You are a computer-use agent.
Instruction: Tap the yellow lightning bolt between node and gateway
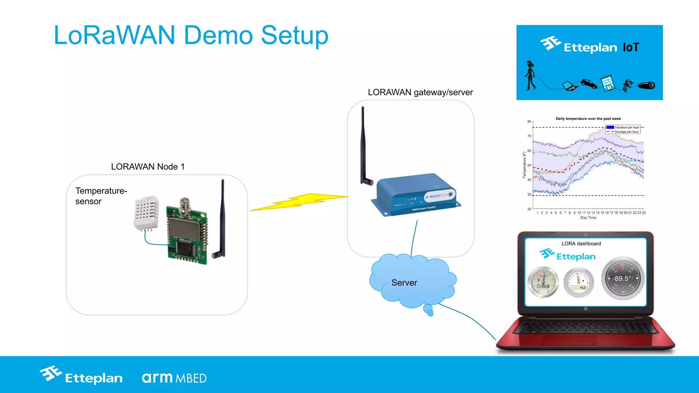(x=300, y=202)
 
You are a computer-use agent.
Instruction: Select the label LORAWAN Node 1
(x=148, y=166)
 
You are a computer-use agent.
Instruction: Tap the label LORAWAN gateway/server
(x=420, y=92)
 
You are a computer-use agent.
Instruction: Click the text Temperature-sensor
(x=101, y=196)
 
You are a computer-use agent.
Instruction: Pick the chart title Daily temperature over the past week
(x=588, y=119)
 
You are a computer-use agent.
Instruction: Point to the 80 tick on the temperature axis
(x=529, y=121)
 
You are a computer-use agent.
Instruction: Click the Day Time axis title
(x=588, y=218)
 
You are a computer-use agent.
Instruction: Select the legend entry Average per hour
(x=626, y=132)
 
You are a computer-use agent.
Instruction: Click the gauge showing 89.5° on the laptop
(x=623, y=278)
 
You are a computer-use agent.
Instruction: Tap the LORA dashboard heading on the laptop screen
(x=581, y=244)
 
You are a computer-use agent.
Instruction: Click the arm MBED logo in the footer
(x=174, y=378)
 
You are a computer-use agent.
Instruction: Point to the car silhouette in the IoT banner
(x=589, y=83)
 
